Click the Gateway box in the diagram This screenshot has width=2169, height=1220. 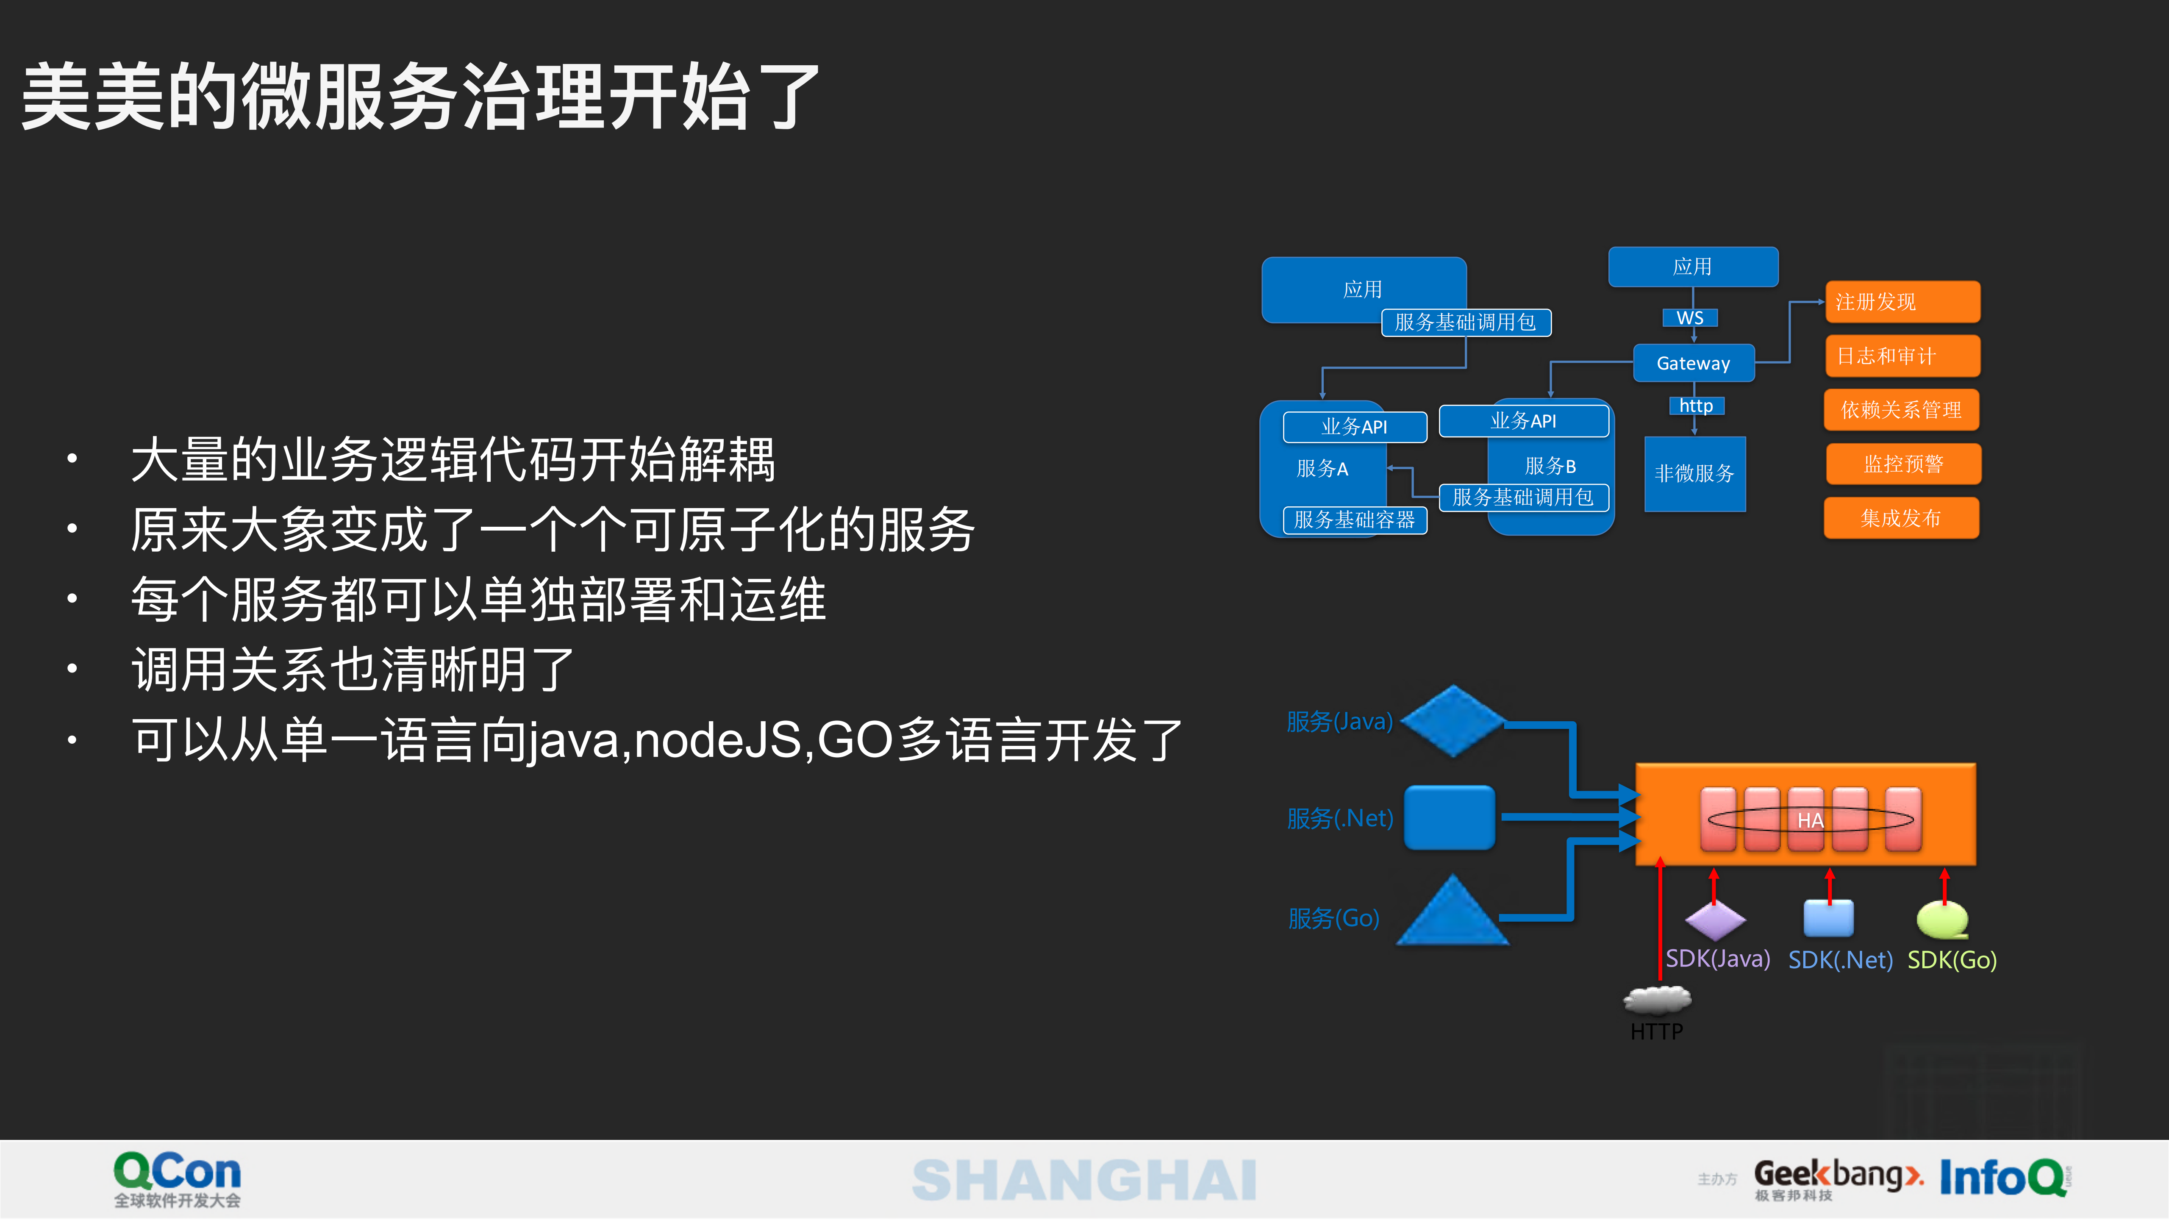pos(1693,363)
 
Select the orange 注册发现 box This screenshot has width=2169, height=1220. pos(1902,301)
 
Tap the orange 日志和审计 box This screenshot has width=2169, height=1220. pos(1902,355)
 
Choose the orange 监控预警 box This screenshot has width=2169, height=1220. pos(1903,464)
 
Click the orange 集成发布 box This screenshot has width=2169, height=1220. pos(1901,518)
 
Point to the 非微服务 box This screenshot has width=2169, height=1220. pos(1694,473)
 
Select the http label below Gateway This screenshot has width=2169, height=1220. pos(1696,406)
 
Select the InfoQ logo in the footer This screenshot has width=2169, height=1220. pos(2004,1177)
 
